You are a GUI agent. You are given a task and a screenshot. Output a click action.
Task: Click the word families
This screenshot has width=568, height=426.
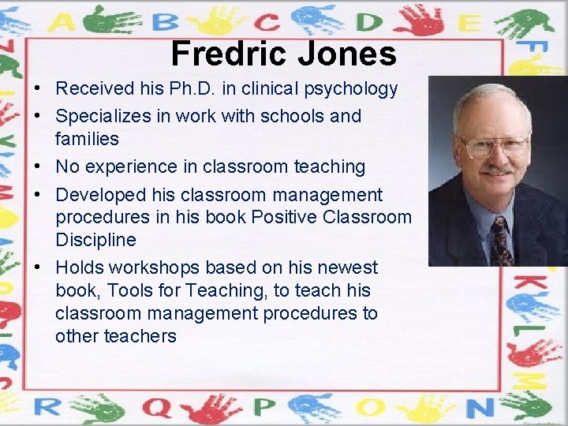click(87, 139)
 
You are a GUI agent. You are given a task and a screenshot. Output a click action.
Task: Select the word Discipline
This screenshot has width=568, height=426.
click(95, 240)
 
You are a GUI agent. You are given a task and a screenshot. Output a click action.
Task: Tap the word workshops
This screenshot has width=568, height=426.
click(154, 267)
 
